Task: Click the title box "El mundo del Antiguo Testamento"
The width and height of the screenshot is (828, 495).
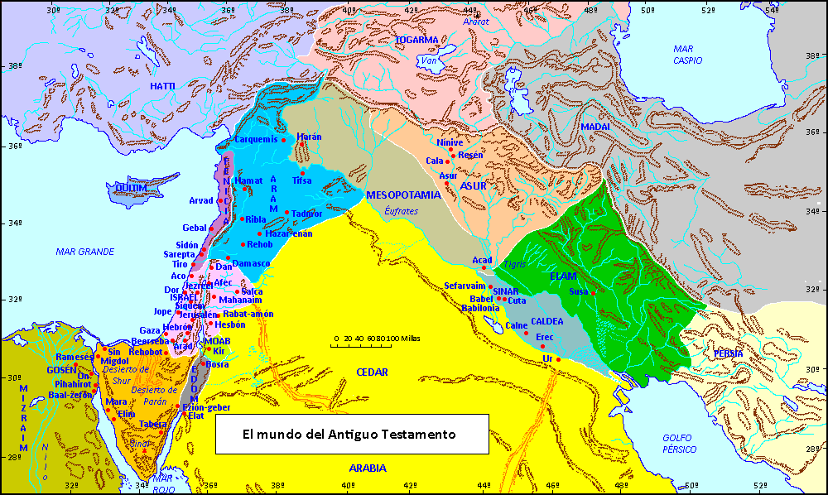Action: [x=352, y=434]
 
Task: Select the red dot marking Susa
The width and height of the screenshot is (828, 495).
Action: [x=593, y=293]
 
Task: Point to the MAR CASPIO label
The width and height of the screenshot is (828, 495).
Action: [x=688, y=55]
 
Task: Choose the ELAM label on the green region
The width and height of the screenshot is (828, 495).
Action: [x=562, y=276]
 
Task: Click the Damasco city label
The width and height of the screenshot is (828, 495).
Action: [x=251, y=263]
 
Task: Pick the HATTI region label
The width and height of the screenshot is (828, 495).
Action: [x=163, y=86]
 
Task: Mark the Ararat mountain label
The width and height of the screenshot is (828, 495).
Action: [x=477, y=22]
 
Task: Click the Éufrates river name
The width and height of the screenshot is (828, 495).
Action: [x=402, y=211]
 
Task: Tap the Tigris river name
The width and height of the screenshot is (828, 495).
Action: [x=514, y=264]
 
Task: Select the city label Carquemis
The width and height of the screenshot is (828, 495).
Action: [x=255, y=139]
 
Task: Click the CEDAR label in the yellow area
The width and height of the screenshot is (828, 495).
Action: [x=372, y=372]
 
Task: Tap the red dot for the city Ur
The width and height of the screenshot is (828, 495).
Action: [x=559, y=359]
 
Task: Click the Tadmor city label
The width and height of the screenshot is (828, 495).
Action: [x=307, y=214]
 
